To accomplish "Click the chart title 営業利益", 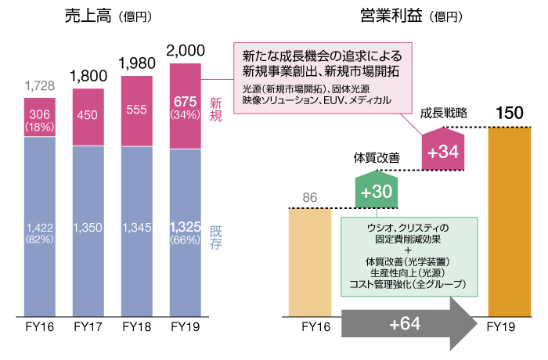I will (389, 16).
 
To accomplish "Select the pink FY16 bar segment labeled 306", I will (39, 117).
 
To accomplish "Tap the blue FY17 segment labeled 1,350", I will (88, 228).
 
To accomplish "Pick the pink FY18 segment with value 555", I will (136, 110).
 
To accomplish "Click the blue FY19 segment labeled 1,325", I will (186, 232).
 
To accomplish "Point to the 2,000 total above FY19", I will (186, 51).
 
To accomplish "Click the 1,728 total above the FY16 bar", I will (39, 85).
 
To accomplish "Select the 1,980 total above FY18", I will (137, 60).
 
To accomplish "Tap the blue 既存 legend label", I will (217, 237).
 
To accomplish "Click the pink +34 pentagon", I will (444, 152).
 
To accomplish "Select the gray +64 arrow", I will (407, 323).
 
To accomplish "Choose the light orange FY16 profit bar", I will (310, 261).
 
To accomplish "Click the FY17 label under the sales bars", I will (88, 327).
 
